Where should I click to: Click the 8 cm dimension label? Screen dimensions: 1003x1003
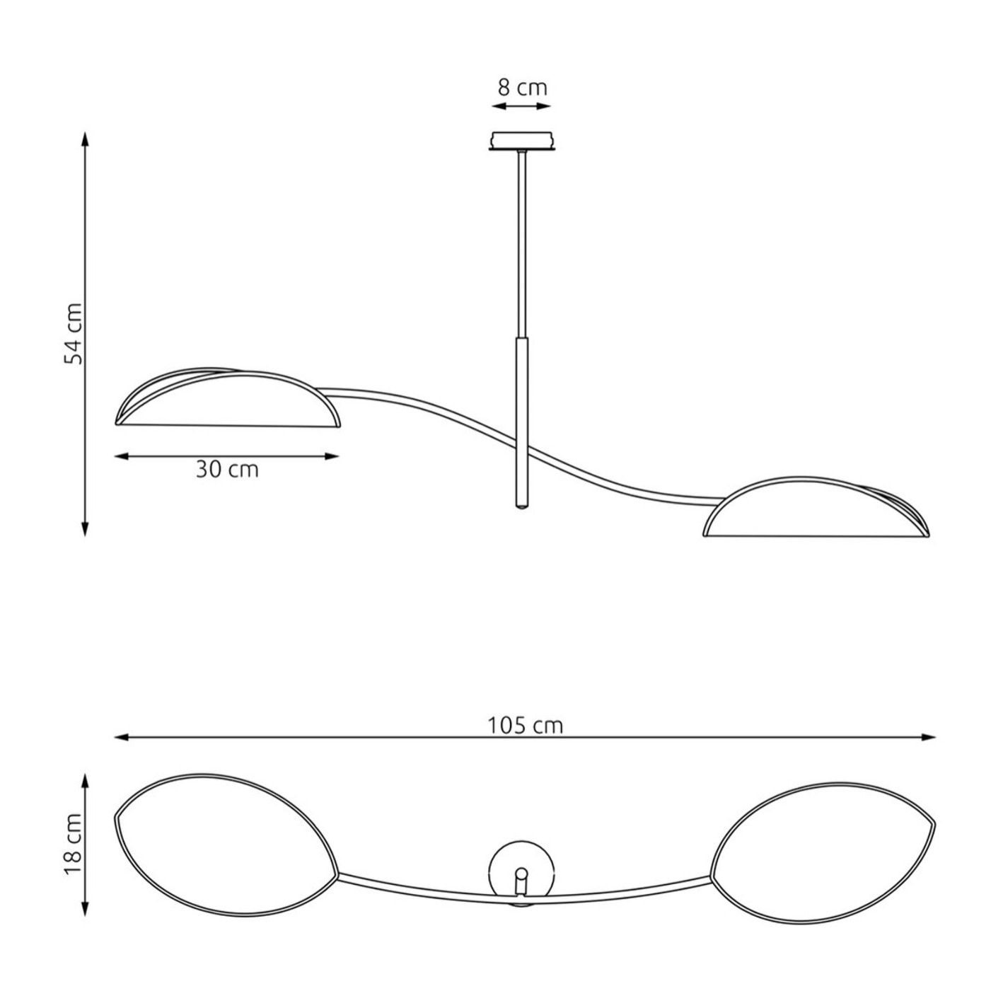pos(522,88)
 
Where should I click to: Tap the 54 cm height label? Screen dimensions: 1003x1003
pos(74,334)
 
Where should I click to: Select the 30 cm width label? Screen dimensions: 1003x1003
pos(228,470)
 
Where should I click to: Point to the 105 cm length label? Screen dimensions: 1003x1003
pos(525,726)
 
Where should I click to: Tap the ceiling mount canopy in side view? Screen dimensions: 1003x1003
pos(521,141)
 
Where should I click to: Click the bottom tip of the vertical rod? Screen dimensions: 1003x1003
pos(521,506)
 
